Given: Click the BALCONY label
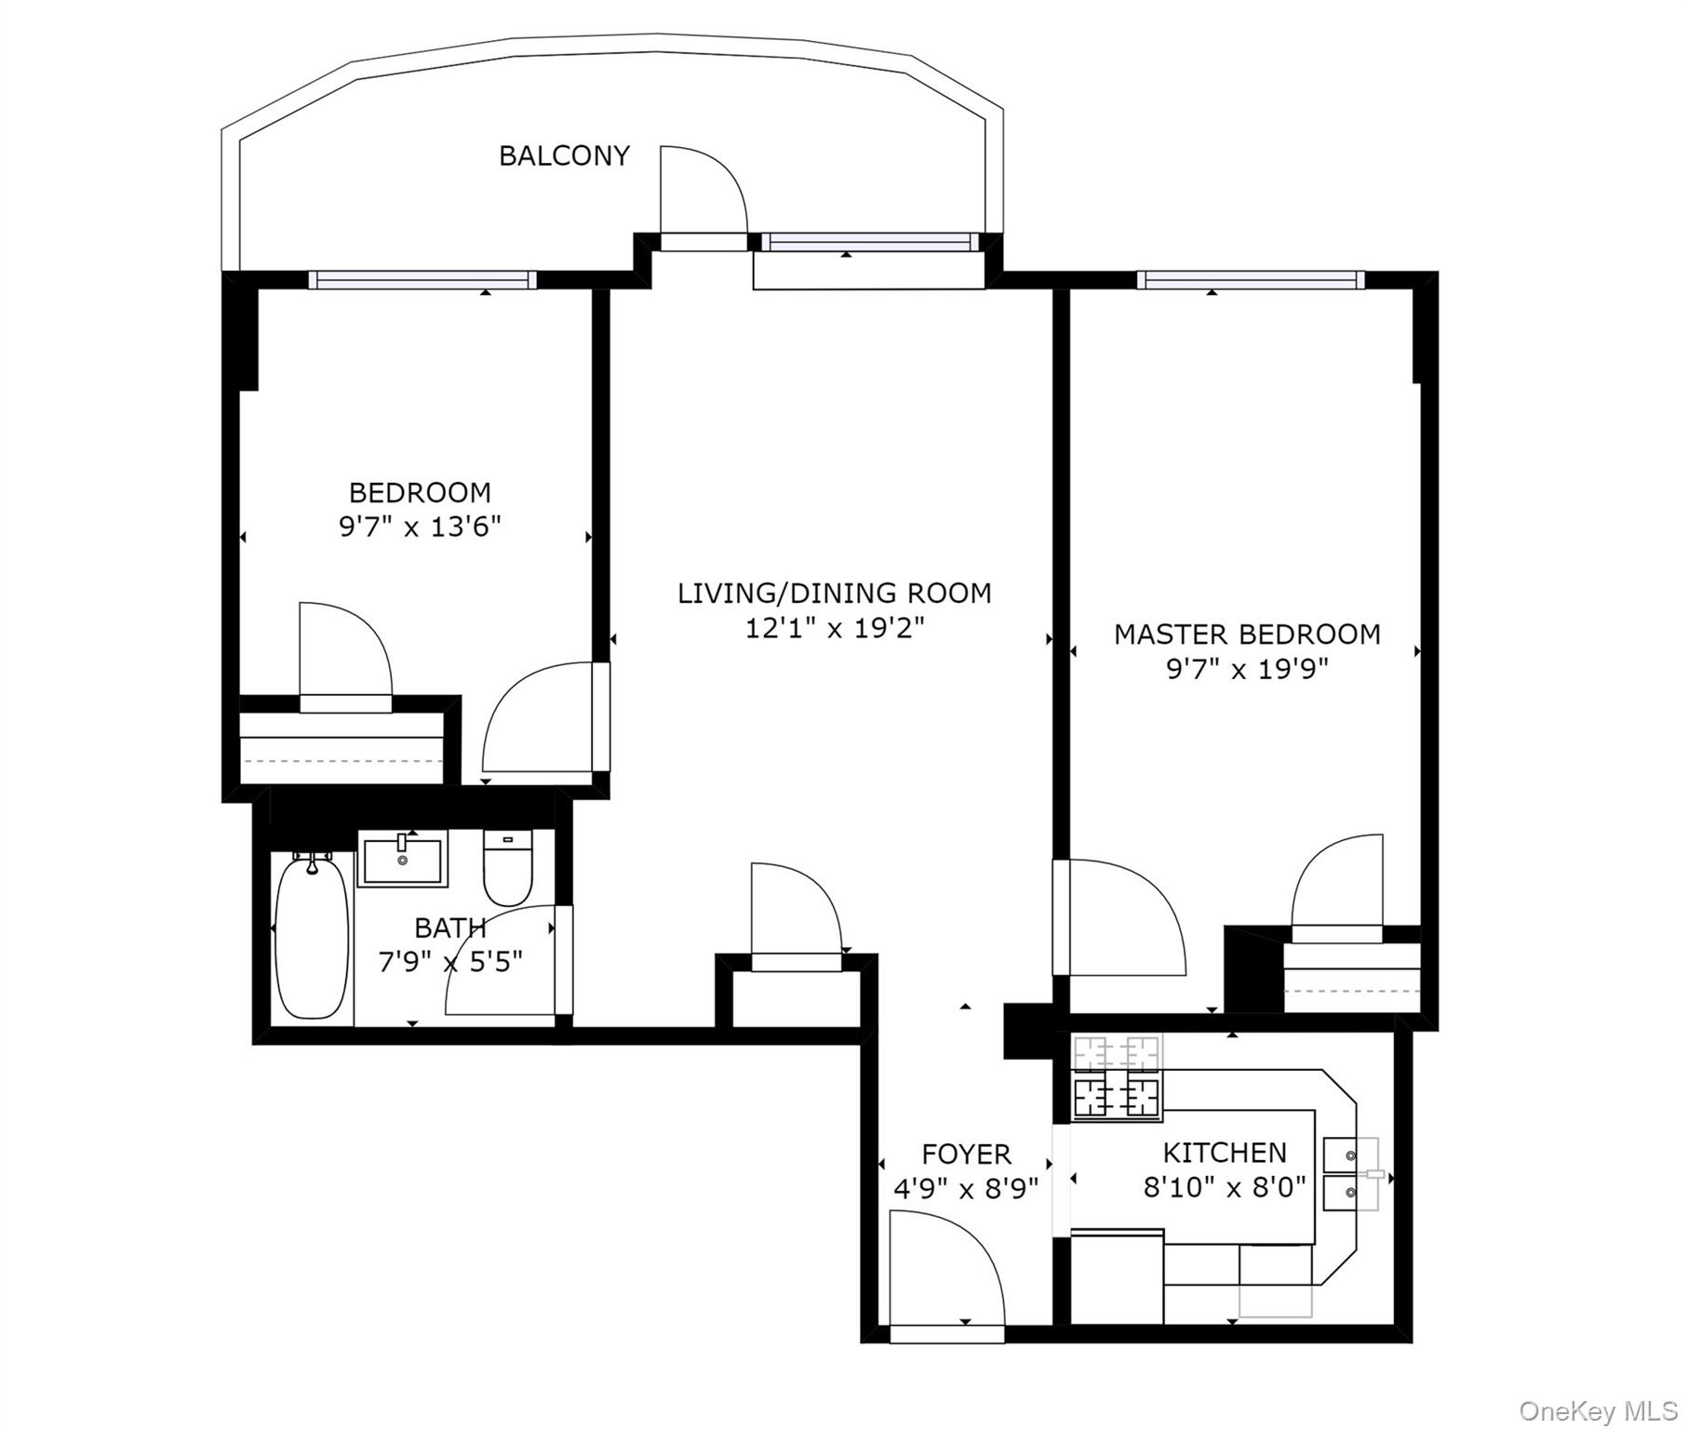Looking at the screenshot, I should point(564,155).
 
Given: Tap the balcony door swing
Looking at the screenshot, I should point(698,191).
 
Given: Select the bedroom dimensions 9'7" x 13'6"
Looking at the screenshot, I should point(420,528).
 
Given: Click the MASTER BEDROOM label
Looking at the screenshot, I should point(1247,634).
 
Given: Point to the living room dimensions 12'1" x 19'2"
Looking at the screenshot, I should point(835,628).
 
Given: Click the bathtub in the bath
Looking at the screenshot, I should point(313,940).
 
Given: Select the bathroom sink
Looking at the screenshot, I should point(403,859).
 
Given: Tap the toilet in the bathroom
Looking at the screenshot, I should point(507,868).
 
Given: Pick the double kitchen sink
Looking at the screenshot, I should point(1350,1173).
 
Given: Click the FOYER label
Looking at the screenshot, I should point(966,1154).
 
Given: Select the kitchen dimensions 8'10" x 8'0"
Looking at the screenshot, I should point(1225,1188).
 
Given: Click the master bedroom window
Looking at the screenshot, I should point(1250,280).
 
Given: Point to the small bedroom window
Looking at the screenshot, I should point(422,280).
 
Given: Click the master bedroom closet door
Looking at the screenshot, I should point(1336,884).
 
